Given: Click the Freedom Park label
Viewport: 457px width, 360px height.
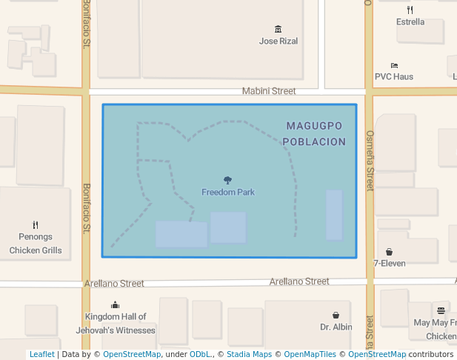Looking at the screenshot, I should (x=228, y=193).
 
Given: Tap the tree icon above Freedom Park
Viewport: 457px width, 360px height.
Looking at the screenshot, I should (x=227, y=180).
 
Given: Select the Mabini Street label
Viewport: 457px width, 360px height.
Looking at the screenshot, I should (x=269, y=91).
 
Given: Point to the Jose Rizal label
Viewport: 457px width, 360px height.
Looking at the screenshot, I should (x=278, y=41).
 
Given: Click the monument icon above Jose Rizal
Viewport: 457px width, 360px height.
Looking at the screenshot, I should (x=278, y=30).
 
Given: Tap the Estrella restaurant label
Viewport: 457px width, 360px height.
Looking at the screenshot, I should (x=410, y=22).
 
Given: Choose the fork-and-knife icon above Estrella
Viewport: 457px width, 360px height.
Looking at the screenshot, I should (x=410, y=10).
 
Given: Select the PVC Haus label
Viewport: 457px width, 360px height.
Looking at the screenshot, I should (x=394, y=77).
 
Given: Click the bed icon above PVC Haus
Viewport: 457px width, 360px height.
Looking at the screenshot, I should (x=394, y=65).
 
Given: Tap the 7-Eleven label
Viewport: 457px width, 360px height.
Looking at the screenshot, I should (x=390, y=263).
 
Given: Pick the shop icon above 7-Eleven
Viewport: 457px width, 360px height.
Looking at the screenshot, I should (x=390, y=252).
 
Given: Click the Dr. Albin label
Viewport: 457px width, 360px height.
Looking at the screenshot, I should (x=336, y=327).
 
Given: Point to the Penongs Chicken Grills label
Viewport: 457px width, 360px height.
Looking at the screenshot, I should (x=36, y=244).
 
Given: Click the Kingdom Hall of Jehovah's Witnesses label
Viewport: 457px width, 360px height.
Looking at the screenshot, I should (x=116, y=324).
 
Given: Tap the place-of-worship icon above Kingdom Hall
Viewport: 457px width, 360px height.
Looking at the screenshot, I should (x=116, y=304).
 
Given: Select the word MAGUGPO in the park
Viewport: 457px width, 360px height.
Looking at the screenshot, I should (x=314, y=127).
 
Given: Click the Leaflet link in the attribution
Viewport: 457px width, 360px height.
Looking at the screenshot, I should (x=41, y=354).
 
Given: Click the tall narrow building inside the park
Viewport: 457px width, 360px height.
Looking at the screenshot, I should (x=334, y=215).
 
